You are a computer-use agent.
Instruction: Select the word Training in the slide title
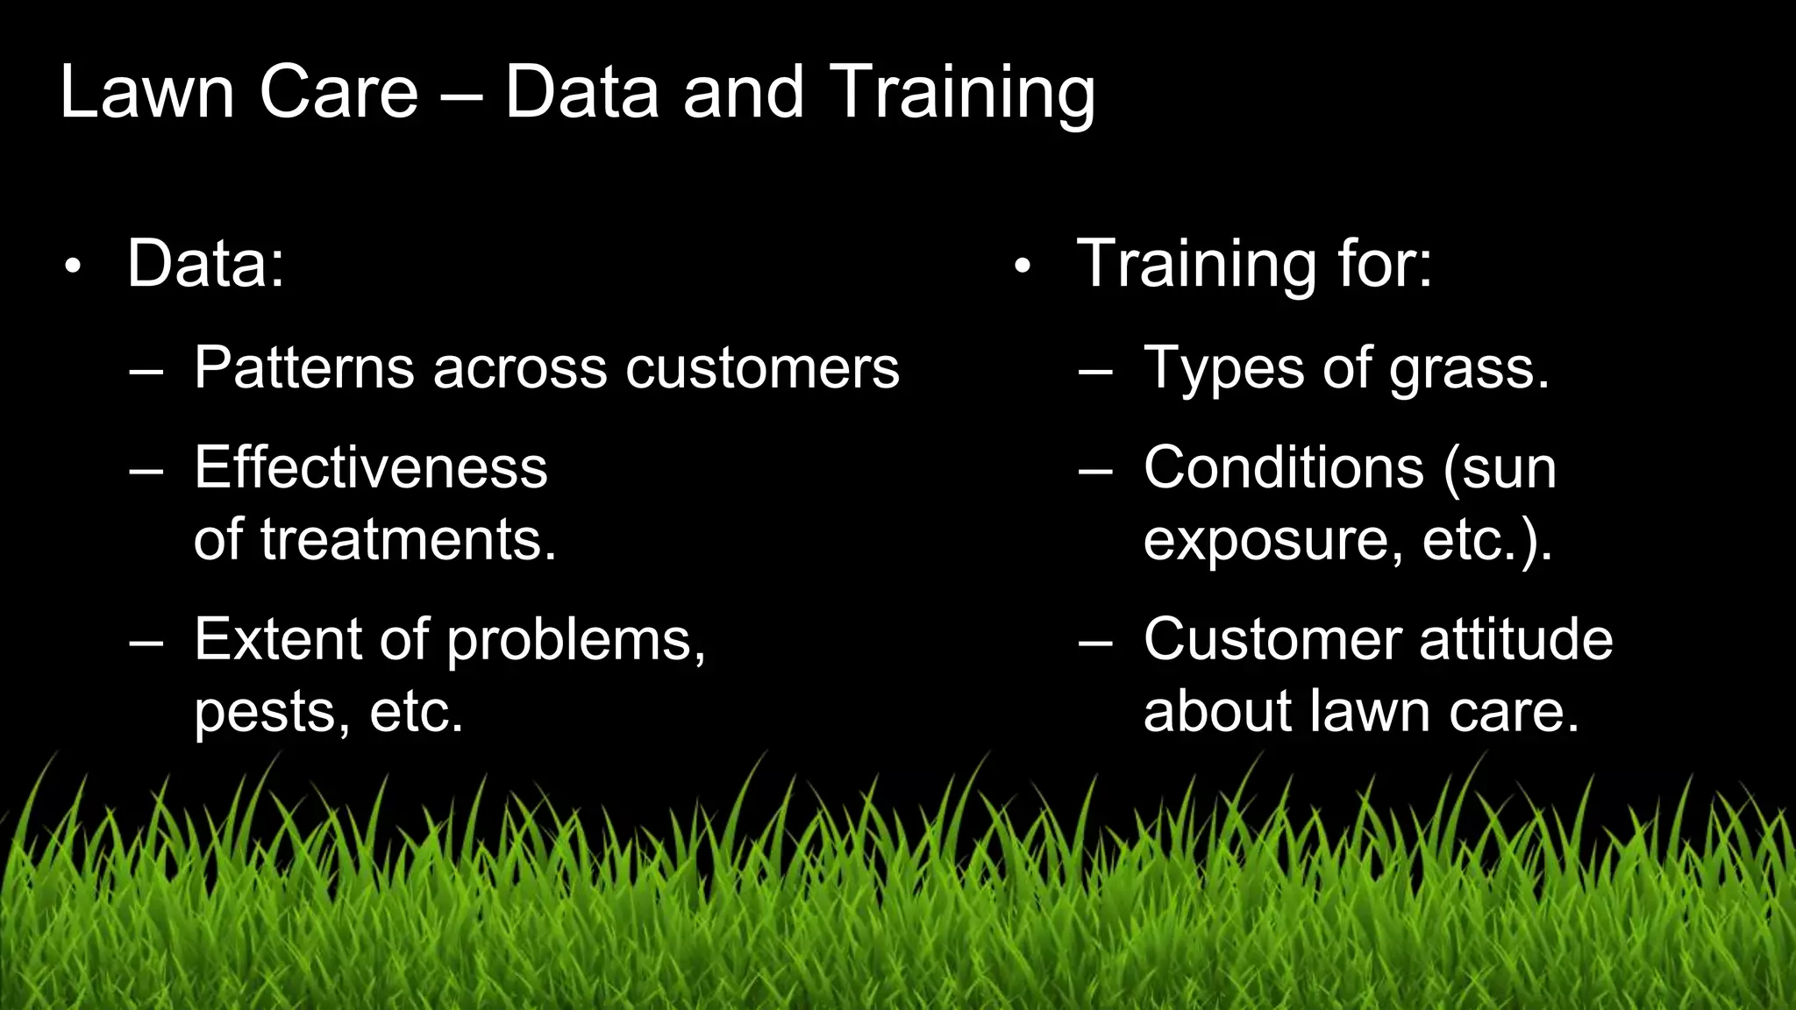coord(962,94)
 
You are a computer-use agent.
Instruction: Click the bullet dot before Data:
coord(73,266)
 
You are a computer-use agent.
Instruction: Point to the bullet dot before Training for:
coord(1022,266)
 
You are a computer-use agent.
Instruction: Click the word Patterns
coord(303,367)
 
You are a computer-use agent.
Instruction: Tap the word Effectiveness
coord(370,467)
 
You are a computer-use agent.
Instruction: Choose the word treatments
coord(407,540)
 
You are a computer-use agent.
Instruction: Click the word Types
coord(1224,369)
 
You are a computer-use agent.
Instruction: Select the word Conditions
coord(1284,467)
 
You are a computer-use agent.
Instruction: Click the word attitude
coord(1516,639)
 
